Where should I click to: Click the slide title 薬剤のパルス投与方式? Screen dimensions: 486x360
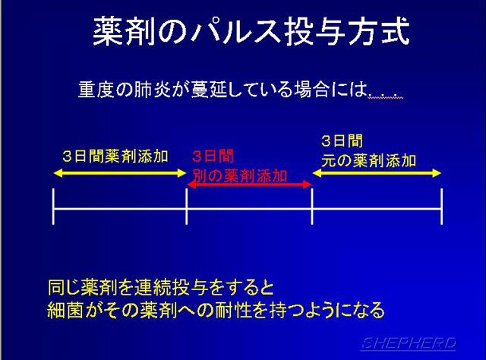(251, 32)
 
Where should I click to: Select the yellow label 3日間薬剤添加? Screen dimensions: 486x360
(115, 156)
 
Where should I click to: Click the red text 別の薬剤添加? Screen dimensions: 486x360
(240, 175)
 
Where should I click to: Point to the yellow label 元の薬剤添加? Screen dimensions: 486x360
(368, 160)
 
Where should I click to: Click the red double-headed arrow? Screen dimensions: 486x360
(250, 185)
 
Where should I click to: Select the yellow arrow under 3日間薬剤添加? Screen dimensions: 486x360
(120, 173)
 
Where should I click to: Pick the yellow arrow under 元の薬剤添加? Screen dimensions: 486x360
(377, 173)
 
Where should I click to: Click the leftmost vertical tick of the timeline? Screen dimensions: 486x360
(54, 206)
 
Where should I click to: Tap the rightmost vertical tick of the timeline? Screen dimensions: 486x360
(441, 206)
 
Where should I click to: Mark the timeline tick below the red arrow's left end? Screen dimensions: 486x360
(187, 206)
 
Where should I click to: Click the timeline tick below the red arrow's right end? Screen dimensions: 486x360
(312, 206)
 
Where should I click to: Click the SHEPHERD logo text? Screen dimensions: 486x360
(409, 343)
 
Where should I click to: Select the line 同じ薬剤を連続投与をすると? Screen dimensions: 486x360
(161, 287)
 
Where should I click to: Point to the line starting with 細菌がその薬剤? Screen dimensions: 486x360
(216, 310)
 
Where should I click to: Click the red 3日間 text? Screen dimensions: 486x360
(213, 156)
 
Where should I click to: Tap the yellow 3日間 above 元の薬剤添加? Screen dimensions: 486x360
(342, 141)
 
